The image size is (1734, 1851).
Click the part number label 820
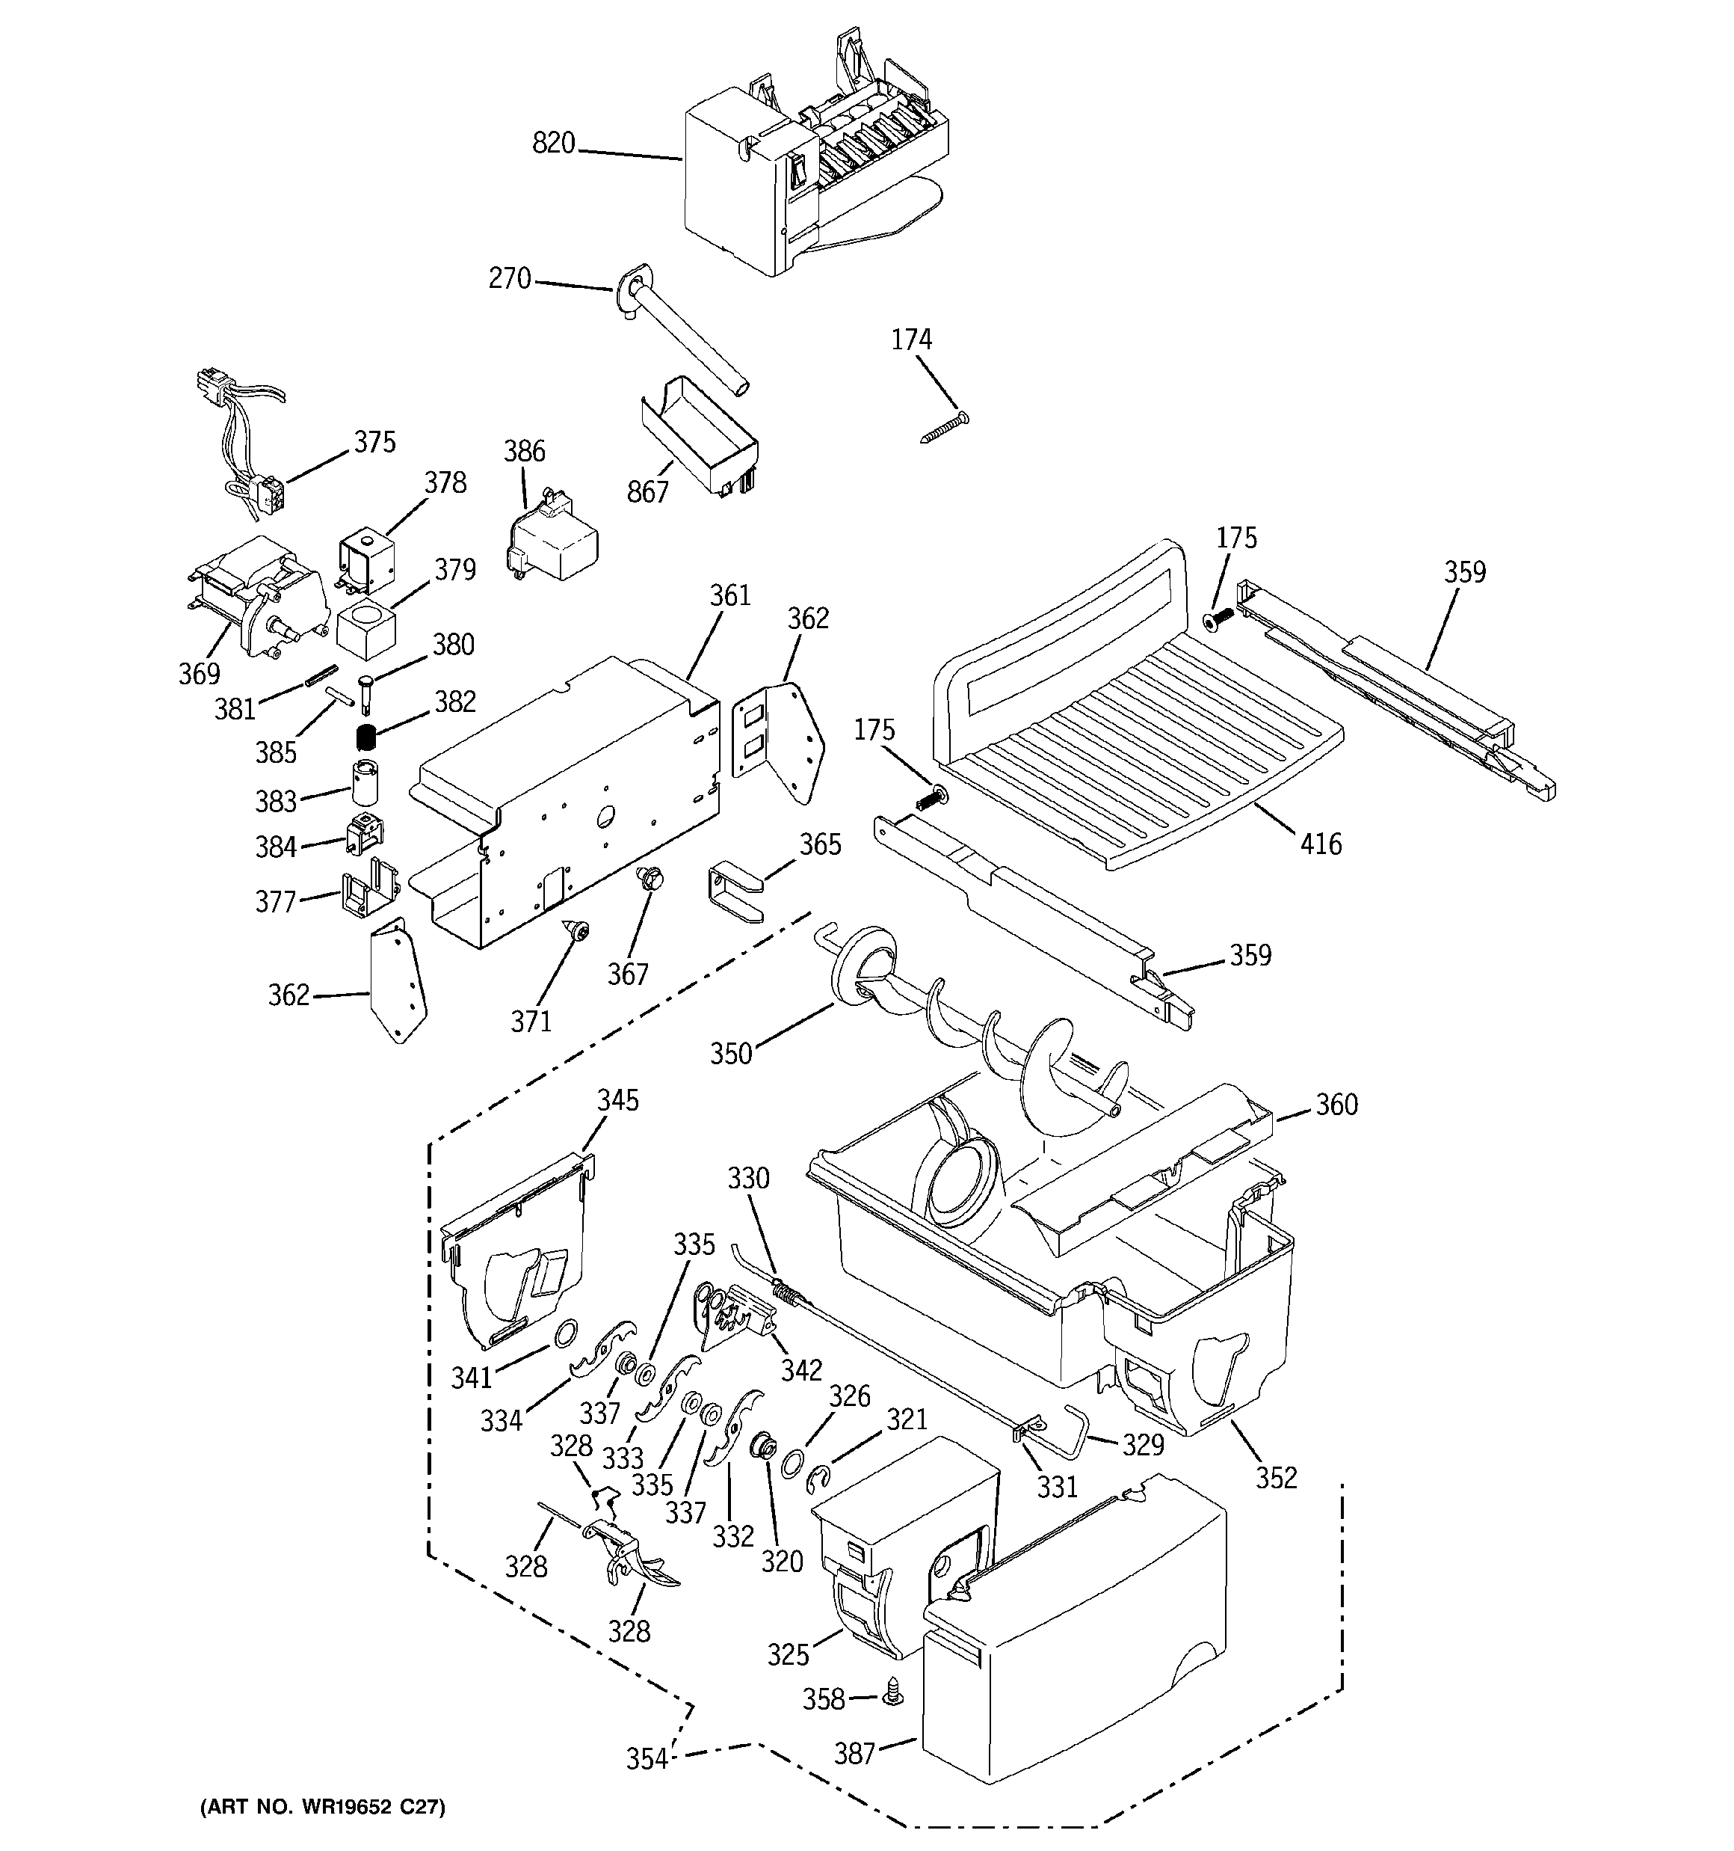point(553,144)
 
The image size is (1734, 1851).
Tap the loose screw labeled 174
point(944,429)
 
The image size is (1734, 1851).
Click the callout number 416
point(1321,844)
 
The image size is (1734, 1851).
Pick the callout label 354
point(646,1759)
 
